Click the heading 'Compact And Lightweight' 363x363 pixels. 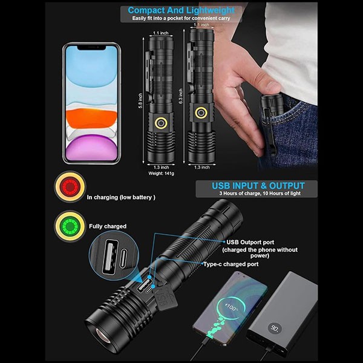click(x=181, y=10)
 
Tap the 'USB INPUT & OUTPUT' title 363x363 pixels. click(x=258, y=186)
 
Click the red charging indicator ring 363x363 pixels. click(x=70, y=187)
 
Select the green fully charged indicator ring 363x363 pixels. click(x=70, y=226)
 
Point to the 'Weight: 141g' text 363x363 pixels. click(x=161, y=174)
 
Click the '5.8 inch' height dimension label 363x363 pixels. click(x=140, y=100)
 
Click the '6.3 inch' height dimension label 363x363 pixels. click(x=181, y=96)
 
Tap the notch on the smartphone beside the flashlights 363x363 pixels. click(x=91, y=48)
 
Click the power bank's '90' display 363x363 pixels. click(x=275, y=328)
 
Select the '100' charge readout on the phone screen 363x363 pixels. click(x=232, y=308)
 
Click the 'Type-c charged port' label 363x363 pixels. click(x=231, y=264)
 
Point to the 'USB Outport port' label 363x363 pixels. click(x=250, y=243)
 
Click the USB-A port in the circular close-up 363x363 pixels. click(x=110, y=258)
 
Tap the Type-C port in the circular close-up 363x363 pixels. click(x=124, y=258)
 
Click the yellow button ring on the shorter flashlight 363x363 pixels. click(x=161, y=122)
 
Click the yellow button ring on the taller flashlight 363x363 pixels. click(x=201, y=113)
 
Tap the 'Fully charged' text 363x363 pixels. click(x=108, y=226)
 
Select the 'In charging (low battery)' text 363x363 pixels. click(x=121, y=197)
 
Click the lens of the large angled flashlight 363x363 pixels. click(x=103, y=335)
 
